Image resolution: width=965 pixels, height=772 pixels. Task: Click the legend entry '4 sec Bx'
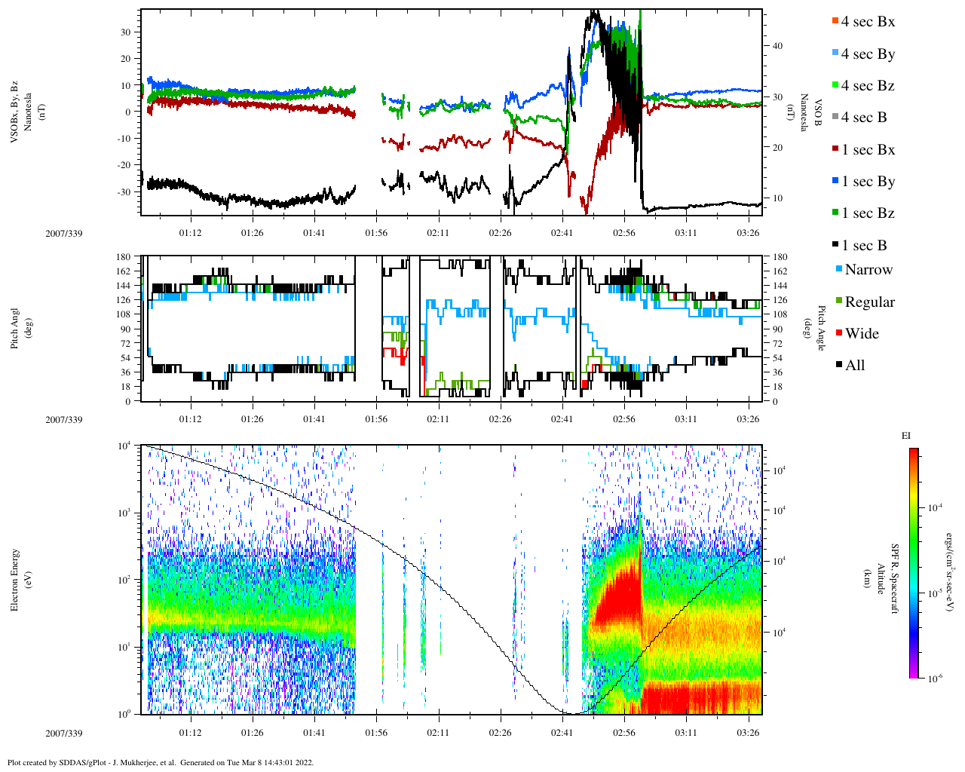click(868, 22)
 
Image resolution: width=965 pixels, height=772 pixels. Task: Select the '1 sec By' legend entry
click(868, 182)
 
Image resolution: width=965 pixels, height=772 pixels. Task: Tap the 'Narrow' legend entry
click(868, 270)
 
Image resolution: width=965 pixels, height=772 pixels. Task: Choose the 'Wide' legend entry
click(862, 334)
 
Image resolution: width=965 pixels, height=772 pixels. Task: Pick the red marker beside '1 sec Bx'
click(835, 150)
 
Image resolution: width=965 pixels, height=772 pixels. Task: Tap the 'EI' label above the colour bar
click(905, 436)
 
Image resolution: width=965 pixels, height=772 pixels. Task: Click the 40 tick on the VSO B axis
click(777, 46)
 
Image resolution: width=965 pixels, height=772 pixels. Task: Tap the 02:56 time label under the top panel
click(623, 233)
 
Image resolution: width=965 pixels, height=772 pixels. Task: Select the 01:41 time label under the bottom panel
click(314, 733)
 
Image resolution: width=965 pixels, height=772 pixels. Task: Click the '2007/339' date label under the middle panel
click(64, 420)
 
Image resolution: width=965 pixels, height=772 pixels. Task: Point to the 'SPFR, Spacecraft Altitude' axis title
click(887, 579)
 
